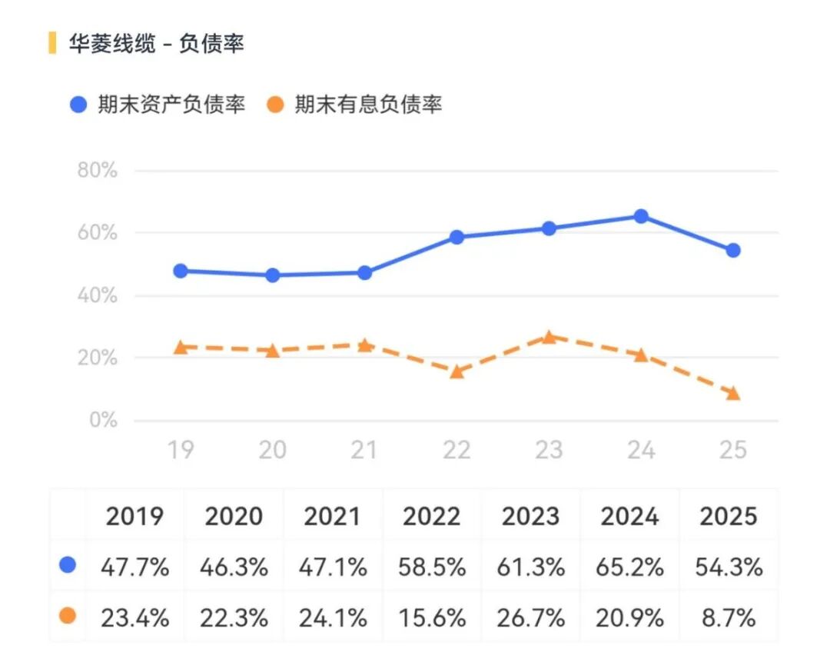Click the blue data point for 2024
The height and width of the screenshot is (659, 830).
[641, 216]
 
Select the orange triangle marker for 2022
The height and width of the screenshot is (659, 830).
[456, 372]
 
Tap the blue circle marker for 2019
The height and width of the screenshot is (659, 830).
[181, 271]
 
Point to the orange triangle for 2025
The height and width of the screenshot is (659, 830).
[733, 394]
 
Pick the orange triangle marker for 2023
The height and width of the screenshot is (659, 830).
[549, 337]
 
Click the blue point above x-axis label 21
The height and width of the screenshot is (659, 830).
[364, 272]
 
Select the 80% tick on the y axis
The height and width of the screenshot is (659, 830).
[98, 171]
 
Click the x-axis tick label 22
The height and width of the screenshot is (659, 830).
[456, 450]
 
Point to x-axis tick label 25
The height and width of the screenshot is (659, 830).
[733, 450]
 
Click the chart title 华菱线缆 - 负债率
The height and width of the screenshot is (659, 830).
[156, 44]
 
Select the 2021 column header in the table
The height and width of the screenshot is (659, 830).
[333, 517]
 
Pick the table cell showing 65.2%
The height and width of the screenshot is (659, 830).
[629, 567]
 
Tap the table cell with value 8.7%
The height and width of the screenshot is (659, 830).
[729, 617]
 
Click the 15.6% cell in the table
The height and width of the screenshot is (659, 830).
[432, 617]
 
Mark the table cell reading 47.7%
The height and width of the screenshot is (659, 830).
[134, 567]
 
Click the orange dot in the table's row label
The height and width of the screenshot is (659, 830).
[68, 616]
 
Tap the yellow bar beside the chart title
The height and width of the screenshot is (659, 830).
[52, 43]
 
